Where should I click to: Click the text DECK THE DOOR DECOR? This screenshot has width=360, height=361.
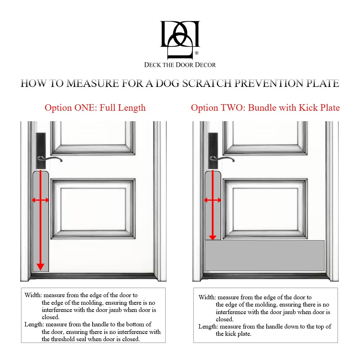tap(180, 65)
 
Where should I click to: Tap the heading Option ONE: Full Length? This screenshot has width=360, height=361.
tap(95, 107)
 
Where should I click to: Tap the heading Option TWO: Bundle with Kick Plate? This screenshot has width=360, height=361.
tap(265, 107)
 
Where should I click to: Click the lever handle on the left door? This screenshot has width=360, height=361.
tap(50, 159)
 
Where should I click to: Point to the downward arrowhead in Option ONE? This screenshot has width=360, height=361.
tap(40, 267)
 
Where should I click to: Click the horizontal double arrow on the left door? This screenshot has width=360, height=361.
tap(40, 200)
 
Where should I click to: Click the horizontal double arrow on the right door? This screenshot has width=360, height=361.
tap(213, 200)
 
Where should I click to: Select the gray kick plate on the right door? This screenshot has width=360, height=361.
tap(265, 256)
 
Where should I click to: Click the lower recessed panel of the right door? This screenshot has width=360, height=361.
tap(265, 209)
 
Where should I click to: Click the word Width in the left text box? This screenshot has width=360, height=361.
tap(33, 295)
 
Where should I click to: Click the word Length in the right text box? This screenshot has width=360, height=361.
tap(208, 327)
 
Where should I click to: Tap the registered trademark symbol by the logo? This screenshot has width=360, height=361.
tap(196, 53)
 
